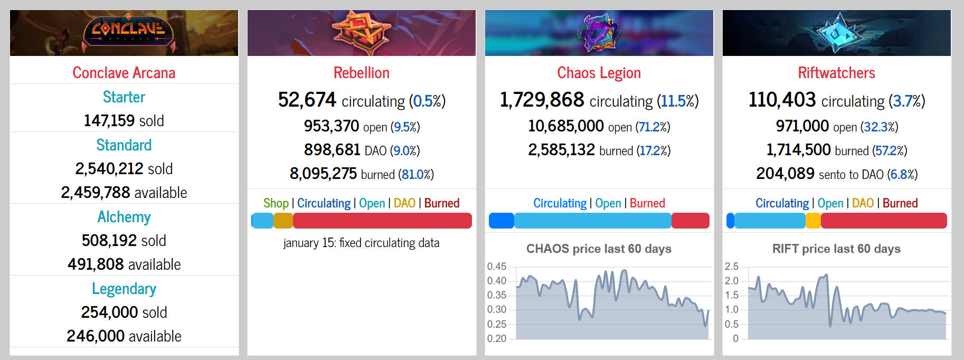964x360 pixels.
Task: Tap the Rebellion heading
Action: [362, 73]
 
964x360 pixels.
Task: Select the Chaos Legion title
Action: [599, 73]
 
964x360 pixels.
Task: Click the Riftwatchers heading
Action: [836, 73]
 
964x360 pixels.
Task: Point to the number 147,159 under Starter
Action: [109, 121]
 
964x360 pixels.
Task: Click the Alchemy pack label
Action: [124, 217]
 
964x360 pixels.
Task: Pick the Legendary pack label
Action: [124, 289]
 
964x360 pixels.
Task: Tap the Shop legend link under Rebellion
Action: [276, 203]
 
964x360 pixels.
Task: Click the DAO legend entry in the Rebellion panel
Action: [404, 203]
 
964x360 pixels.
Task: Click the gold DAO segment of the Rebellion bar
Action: [283, 221]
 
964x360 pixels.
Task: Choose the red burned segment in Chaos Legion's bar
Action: [690, 221]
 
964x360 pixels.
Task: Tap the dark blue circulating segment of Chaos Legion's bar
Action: [502, 221]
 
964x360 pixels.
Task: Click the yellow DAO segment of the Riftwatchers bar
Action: [813, 221]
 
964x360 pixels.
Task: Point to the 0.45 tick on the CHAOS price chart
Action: [497, 267]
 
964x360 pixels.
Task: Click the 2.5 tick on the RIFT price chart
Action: [732, 267]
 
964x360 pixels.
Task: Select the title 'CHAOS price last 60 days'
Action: [599, 249]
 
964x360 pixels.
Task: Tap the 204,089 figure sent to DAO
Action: [785, 174]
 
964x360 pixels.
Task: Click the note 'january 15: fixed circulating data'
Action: [361, 243]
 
